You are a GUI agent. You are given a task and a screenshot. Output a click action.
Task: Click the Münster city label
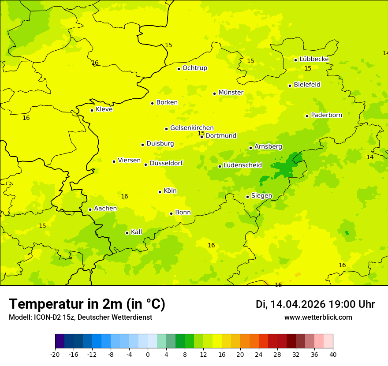click(x=231, y=93)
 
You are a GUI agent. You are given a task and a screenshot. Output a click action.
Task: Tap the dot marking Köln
click(x=160, y=192)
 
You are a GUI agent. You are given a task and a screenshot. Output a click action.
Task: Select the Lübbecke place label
click(x=314, y=59)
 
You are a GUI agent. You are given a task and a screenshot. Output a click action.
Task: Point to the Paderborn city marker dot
click(x=307, y=116)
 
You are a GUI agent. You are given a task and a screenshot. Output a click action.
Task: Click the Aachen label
click(x=105, y=209)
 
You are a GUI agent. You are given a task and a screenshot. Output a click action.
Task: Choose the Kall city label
click(x=137, y=232)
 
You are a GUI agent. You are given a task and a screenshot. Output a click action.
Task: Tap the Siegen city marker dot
click(x=247, y=197)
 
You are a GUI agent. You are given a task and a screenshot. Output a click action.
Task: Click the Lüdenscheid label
click(x=242, y=165)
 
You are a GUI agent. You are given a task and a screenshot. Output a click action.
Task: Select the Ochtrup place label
click(x=195, y=68)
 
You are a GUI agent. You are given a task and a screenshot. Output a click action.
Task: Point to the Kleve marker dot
click(x=92, y=110)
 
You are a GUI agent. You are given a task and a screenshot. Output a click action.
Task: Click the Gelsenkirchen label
click(x=192, y=128)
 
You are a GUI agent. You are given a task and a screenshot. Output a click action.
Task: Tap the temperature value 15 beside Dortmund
click(x=201, y=133)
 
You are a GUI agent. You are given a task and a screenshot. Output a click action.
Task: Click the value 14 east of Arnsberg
click(x=370, y=157)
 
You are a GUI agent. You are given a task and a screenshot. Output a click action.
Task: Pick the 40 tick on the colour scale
click(x=333, y=354)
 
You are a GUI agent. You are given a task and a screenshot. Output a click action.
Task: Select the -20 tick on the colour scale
click(x=55, y=354)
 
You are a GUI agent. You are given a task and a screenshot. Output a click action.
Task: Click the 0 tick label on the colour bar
click(x=148, y=354)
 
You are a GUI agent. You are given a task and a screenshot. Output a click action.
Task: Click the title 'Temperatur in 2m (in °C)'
click(x=87, y=304)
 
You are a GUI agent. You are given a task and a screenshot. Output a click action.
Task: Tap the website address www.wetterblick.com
click(x=318, y=317)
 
